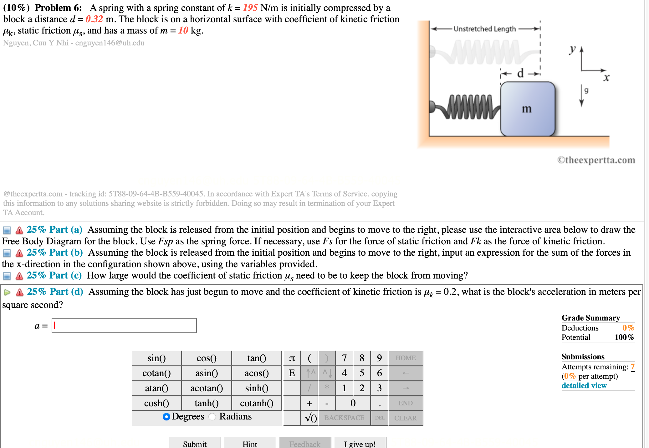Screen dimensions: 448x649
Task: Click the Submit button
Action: coord(195,443)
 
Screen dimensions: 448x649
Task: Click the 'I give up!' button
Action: coord(360,443)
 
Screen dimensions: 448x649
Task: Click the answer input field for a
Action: coord(124,326)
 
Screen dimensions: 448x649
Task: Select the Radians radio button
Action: coord(212,416)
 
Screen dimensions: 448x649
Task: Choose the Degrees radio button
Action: coord(166,416)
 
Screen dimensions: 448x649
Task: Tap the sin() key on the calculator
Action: coord(156,358)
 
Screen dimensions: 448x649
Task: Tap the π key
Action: coord(292,358)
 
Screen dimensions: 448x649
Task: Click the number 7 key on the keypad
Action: coord(344,358)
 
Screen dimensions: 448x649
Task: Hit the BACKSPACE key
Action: coord(344,418)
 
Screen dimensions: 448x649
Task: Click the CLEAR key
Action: coord(406,418)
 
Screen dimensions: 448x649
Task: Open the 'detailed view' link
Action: coord(584,386)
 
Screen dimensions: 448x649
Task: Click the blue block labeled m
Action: coord(528,109)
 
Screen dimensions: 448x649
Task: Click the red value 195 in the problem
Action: coord(250,8)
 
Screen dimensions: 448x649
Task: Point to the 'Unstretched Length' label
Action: coord(485,29)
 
